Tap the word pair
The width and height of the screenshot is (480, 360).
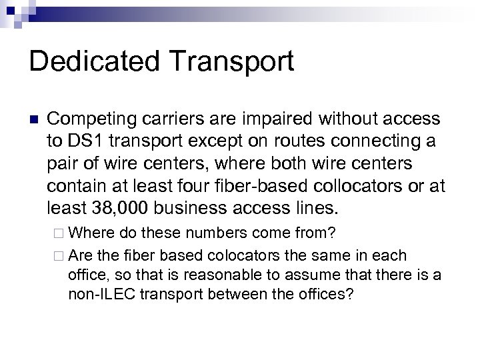coord(63,164)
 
